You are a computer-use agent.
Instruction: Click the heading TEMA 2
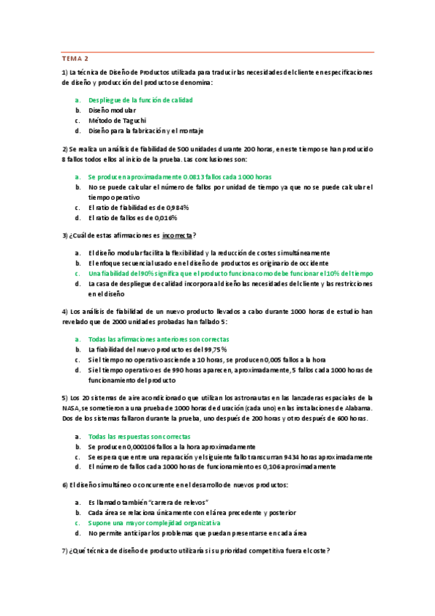point(76,58)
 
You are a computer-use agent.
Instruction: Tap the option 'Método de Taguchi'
point(117,120)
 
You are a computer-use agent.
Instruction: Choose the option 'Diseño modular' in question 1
point(112,110)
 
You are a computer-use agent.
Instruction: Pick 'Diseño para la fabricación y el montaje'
point(145,131)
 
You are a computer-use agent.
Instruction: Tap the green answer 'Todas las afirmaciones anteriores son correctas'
point(158,339)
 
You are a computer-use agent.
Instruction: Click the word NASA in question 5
point(71,409)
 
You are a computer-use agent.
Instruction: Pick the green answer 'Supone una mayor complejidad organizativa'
point(154,522)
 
